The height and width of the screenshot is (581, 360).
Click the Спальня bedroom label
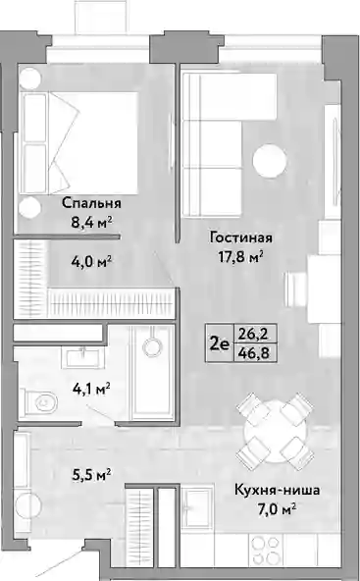click(91, 203)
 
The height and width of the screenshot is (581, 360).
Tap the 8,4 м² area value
click(91, 223)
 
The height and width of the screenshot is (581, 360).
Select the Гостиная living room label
click(240, 238)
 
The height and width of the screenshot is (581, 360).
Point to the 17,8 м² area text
click(240, 257)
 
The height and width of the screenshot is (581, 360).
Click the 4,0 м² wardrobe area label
click(91, 262)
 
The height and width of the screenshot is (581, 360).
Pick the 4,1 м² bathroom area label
click(91, 390)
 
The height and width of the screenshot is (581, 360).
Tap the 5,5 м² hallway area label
click(91, 474)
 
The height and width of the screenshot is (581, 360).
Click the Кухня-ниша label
click(277, 491)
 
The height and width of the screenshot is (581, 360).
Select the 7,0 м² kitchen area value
click(277, 510)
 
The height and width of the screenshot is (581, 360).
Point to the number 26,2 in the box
click(255, 335)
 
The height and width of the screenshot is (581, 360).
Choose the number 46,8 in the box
click(255, 353)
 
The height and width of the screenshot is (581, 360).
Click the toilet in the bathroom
click(38, 401)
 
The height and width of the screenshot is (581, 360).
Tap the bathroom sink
click(83, 357)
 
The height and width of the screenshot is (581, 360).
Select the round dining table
click(275, 431)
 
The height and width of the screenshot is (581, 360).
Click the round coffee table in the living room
click(270, 161)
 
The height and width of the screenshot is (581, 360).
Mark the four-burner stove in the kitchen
click(265, 550)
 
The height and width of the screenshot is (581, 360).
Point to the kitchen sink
click(199, 506)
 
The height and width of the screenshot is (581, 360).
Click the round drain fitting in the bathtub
click(152, 347)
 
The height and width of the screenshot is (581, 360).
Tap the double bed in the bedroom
click(78, 143)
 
